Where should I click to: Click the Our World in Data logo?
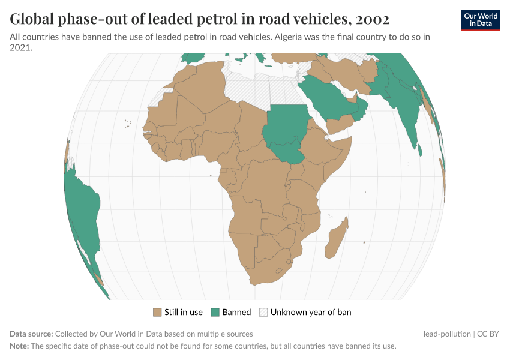click(x=480, y=20)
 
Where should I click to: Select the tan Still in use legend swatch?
click(x=158, y=313)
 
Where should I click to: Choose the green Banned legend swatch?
click(x=215, y=313)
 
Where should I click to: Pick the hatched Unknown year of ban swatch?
click(x=263, y=313)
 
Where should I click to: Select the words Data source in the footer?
click(x=31, y=334)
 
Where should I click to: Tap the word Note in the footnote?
click(x=19, y=346)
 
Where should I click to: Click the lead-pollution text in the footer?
click(x=446, y=334)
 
